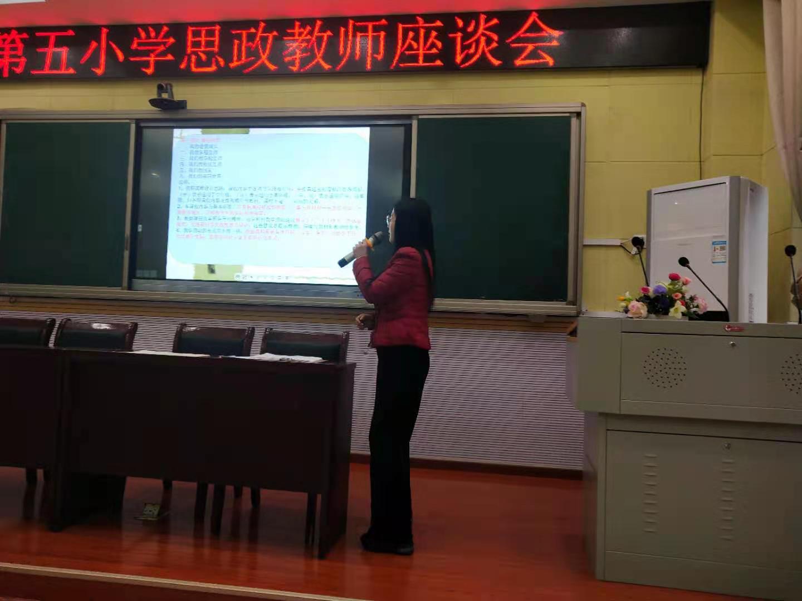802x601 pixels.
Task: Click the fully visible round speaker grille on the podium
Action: (x=665, y=368)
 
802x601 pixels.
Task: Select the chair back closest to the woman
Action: (x=305, y=342)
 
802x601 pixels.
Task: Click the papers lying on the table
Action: (x=290, y=358)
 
